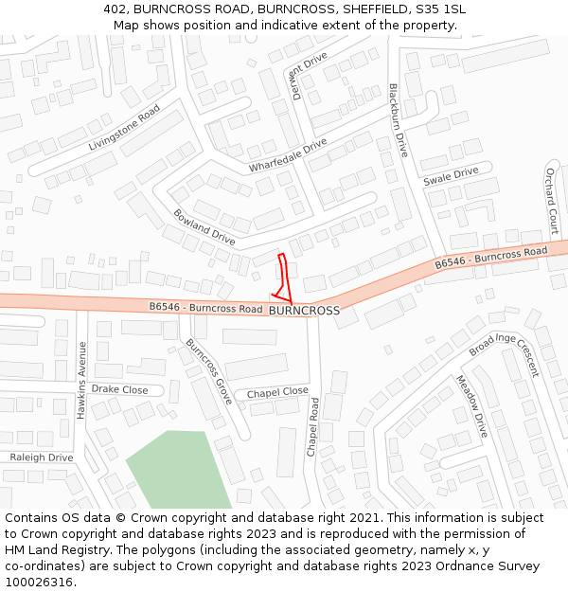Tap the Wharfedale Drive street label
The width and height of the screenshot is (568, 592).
pyautogui.click(x=288, y=155)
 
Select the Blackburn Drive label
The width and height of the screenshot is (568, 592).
pyautogui.click(x=398, y=120)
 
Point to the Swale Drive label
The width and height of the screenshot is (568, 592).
pyautogui.click(x=451, y=176)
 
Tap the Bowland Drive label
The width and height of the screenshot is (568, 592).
pyautogui.click(x=204, y=227)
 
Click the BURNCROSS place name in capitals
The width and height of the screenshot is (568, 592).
pyautogui.click(x=304, y=311)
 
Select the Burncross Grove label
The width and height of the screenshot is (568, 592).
pyautogui.click(x=209, y=372)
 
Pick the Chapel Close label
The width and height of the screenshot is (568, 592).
pyautogui.click(x=277, y=392)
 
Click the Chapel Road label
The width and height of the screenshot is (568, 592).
pyautogui.click(x=313, y=427)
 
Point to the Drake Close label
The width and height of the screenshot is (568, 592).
pyautogui.click(x=119, y=389)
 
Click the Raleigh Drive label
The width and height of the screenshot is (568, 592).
pyautogui.click(x=41, y=457)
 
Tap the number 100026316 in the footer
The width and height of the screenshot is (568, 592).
pyautogui.click(x=41, y=583)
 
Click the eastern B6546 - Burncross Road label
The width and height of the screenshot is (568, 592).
pyautogui.click(x=491, y=257)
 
